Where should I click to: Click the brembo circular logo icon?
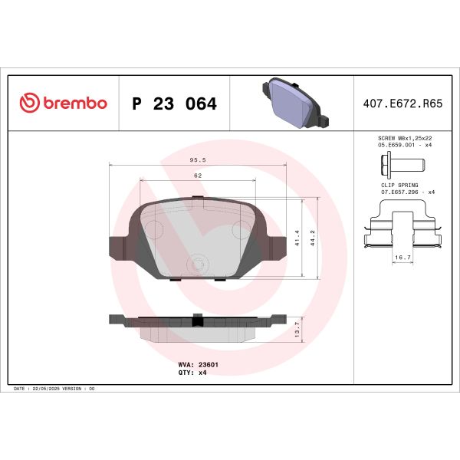pos(29,103)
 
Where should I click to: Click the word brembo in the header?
pos(74,103)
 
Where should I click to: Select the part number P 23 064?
pos(174,103)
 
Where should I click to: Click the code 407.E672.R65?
pos(399,103)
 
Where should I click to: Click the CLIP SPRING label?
pos(398,185)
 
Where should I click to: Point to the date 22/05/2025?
pos(47,389)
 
